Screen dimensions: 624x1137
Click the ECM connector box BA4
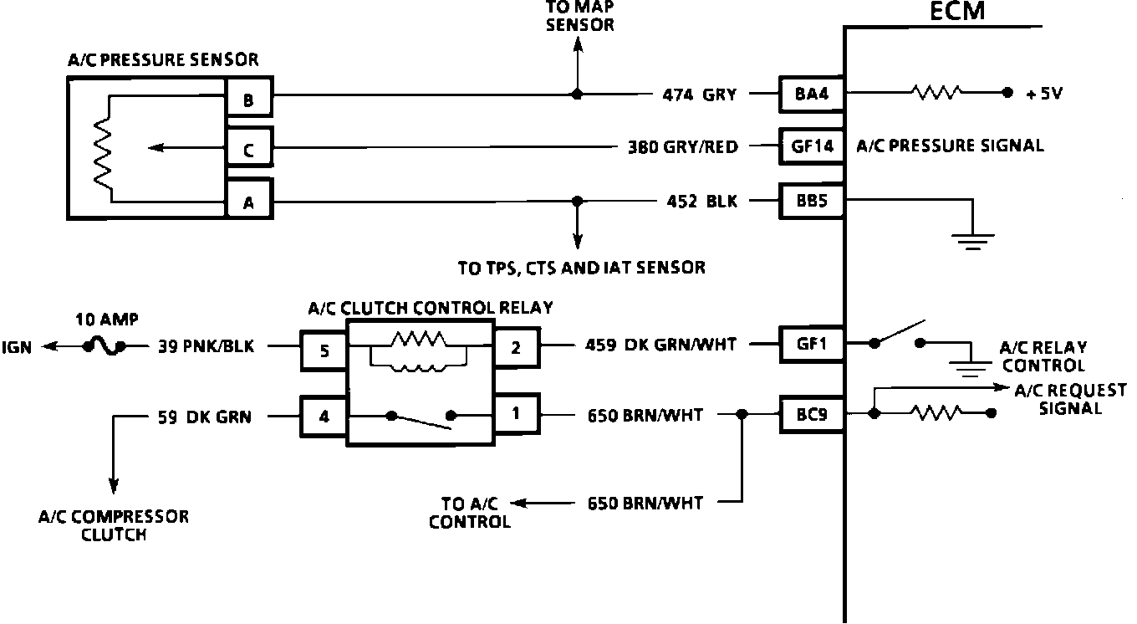(811, 94)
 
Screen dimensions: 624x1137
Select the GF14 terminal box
(811, 146)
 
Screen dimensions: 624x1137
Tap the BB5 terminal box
(811, 201)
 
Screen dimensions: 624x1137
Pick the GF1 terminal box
(811, 342)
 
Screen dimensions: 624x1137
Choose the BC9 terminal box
(811, 413)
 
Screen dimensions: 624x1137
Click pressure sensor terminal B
(248, 101)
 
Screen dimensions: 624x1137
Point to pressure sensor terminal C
(248, 151)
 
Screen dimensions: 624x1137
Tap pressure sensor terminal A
(248, 202)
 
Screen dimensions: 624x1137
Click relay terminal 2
(516, 348)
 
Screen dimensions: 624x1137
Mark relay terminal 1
(516, 413)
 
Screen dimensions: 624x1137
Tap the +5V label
(1043, 94)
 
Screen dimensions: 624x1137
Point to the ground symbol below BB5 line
(973, 239)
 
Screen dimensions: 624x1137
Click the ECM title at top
(957, 12)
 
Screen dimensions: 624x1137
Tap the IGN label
(18, 346)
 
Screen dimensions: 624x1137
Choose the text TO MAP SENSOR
(579, 18)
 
